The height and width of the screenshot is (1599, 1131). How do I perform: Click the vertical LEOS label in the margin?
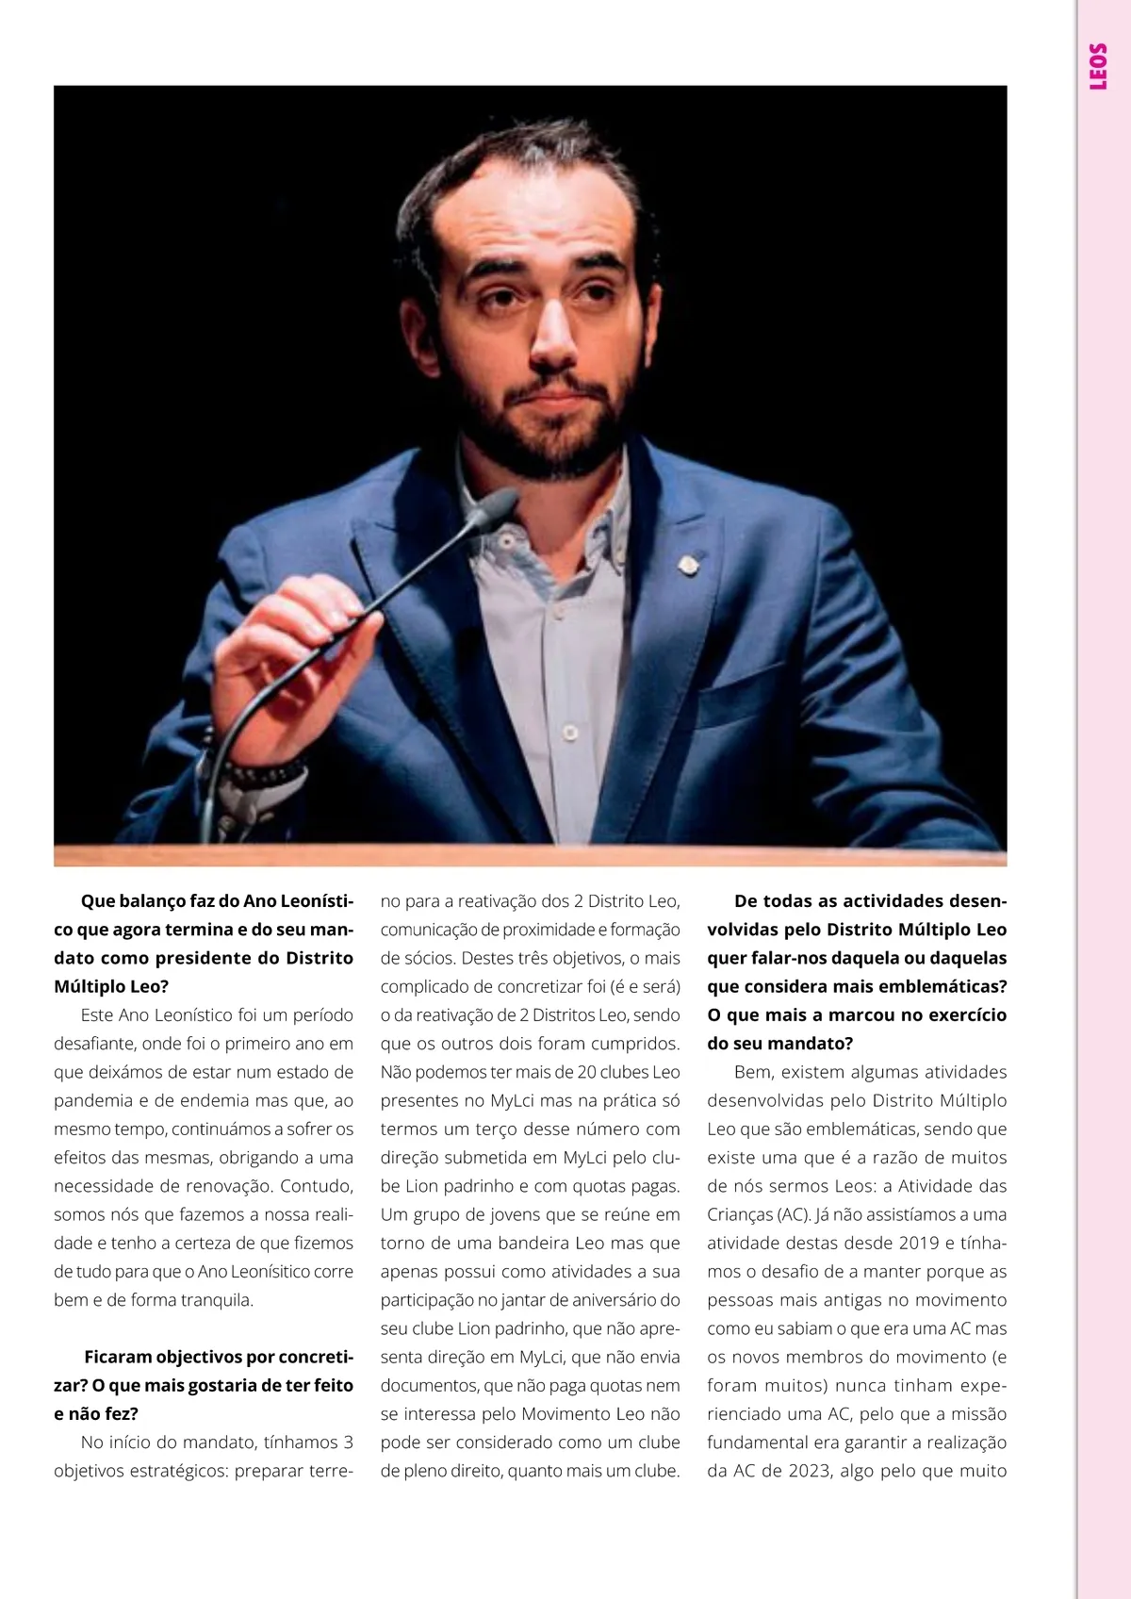[1098, 66]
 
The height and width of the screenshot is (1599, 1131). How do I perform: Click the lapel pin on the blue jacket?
[689, 565]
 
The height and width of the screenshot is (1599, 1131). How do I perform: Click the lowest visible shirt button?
[569, 733]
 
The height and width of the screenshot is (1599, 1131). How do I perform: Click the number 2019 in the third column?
[906, 1243]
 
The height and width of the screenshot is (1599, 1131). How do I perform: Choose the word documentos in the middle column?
[429, 1385]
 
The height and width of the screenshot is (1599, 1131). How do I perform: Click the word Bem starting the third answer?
[752, 1072]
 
